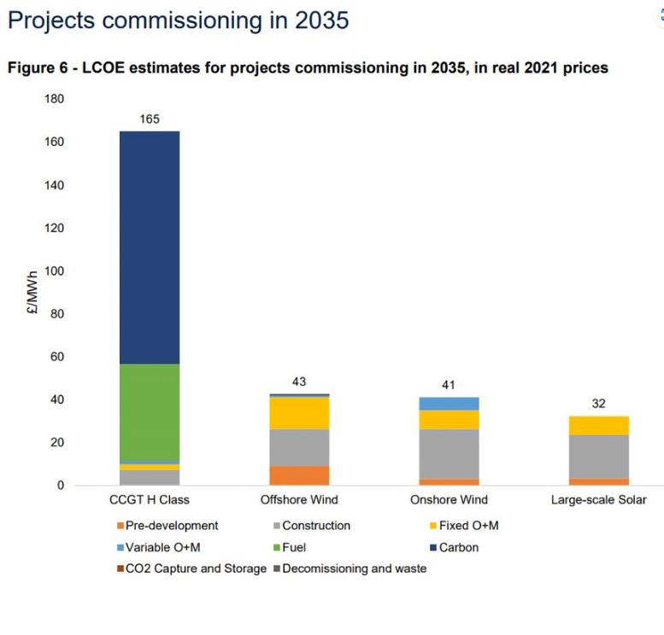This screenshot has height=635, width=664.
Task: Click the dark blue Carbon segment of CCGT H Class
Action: tap(150, 248)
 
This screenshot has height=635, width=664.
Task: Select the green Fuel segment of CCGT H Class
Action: tap(150, 412)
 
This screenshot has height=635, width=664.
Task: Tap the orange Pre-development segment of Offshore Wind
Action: tap(299, 475)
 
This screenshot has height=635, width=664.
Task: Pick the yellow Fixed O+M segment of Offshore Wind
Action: tap(299, 413)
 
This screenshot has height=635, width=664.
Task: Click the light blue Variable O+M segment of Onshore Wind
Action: tap(448, 404)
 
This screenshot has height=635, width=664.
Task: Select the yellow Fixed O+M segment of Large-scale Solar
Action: tap(598, 425)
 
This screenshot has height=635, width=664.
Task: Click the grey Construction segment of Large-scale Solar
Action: tap(598, 457)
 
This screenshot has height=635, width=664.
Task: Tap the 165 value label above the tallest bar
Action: tap(150, 119)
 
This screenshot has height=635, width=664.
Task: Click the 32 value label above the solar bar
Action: tap(598, 404)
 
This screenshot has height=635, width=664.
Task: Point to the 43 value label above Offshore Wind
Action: tap(299, 382)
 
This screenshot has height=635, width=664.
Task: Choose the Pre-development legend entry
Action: tap(172, 526)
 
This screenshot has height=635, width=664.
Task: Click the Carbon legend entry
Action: tap(458, 547)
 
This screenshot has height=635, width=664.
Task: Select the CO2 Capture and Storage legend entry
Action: tap(196, 568)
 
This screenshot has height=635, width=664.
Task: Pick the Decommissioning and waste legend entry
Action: tap(354, 568)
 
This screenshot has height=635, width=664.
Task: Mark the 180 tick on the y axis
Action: tap(54, 99)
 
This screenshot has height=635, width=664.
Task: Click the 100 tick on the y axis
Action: tap(54, 271)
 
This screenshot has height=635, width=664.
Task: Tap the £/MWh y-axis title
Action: tap(32, 293)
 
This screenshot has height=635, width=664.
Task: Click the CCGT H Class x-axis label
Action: tap(150, 500)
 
